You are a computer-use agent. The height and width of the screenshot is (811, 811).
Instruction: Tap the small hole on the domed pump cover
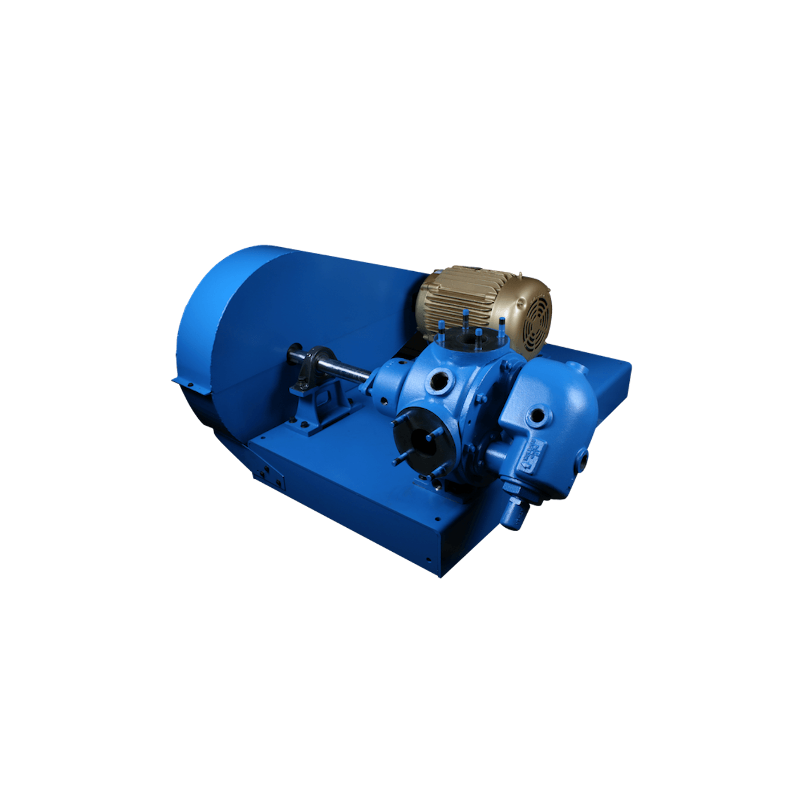click(538, 416)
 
